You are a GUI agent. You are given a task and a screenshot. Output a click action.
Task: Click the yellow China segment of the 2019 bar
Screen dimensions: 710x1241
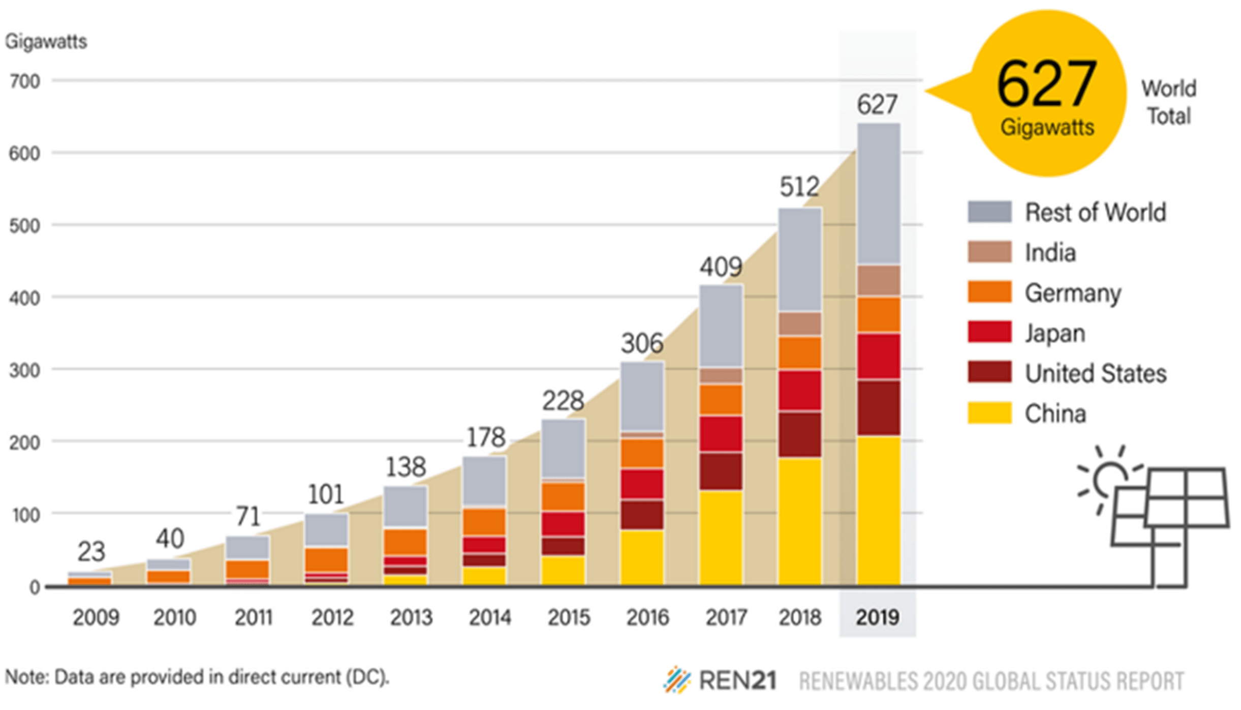[x=878, y=510]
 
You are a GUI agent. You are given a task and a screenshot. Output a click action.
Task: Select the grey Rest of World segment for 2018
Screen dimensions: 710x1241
[x=799, y=259]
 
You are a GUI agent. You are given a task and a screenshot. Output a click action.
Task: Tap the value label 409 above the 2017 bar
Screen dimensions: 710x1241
[x=721, y=267]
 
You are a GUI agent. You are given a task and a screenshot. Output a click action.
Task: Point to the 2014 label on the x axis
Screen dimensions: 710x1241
[x=489, y=617]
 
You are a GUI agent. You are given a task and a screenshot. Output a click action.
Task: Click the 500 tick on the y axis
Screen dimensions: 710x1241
[x=24, y=226]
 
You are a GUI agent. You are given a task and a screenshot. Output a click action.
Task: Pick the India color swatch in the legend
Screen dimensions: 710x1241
[x=989, y=252]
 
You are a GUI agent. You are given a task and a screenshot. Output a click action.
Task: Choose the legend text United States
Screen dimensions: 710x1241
[x=1095, y=373]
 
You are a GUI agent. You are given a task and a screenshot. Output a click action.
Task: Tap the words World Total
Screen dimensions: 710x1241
[x=1168, y=102]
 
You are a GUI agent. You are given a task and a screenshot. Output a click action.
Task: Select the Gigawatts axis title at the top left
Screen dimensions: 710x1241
[x=46, y=41]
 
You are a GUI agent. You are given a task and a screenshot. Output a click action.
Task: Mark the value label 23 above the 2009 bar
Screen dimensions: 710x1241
[x=91, y=551]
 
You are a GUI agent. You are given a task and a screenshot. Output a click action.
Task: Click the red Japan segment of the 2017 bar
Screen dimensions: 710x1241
[x=721, y=434]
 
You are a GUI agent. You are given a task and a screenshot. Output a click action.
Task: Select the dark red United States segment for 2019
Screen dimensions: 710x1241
[x=878, y=407]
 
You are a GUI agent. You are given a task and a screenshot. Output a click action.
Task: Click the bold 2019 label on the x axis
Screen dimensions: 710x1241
[x=877, y=617]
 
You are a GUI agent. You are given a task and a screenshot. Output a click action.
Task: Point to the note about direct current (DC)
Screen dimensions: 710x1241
[x=197, y=677]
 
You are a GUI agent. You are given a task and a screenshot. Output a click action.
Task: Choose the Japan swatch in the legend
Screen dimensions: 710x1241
[x=989, y=332]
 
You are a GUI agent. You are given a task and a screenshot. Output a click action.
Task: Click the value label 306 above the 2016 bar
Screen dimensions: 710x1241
[x=642, y=343]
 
